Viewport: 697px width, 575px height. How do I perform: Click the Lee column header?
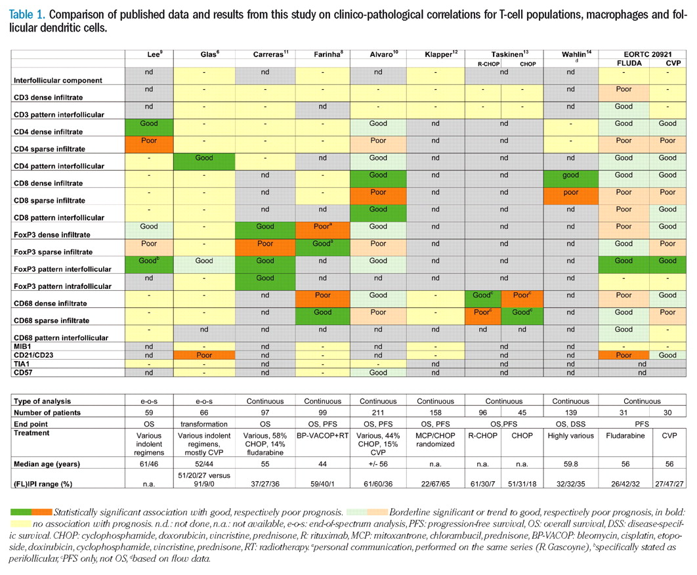point(149,54)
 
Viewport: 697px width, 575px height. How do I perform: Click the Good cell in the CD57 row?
point(377,372)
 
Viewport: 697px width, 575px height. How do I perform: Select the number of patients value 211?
point(377,412)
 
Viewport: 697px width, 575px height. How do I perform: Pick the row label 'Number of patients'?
point(50,412)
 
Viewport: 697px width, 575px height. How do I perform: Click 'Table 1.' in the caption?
point(27,13)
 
